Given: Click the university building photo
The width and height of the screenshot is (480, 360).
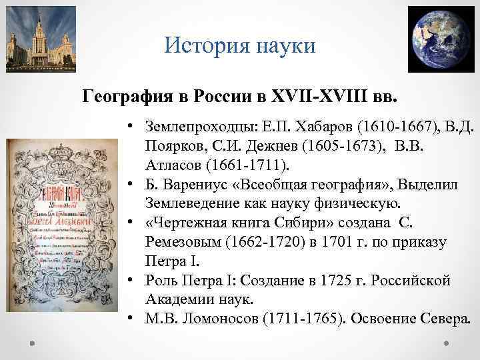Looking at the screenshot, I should click(x=41, y=39).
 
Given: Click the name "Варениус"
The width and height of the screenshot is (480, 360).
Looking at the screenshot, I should click(x=189, y=184).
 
